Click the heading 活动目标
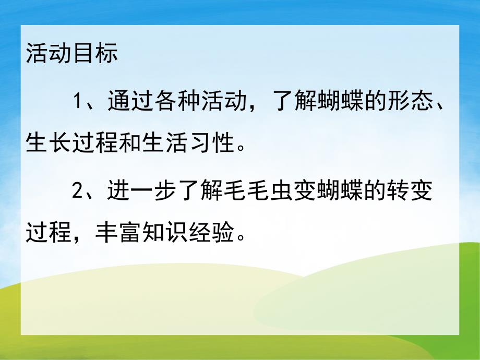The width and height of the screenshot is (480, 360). [x=71, y=54]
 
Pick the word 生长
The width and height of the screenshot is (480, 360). [x=48, y=142]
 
